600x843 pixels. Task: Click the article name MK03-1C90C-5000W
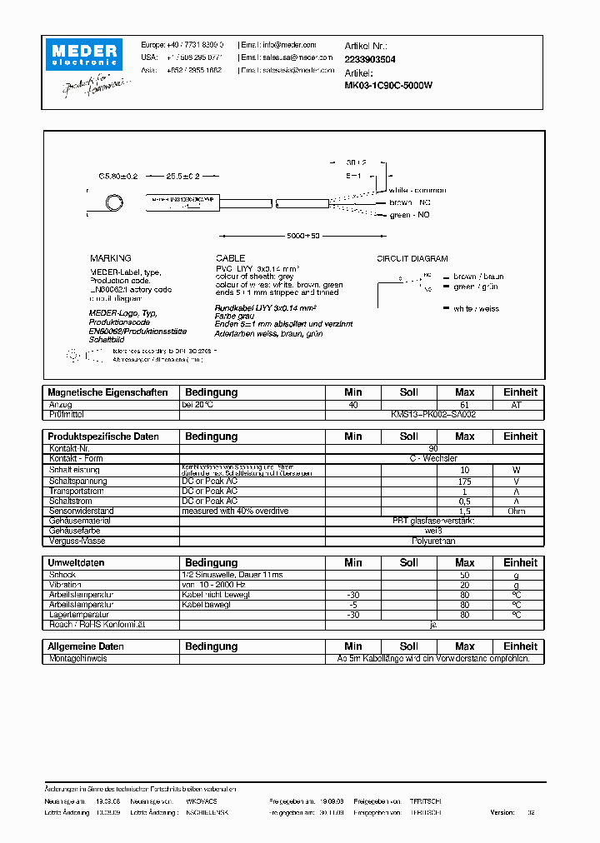tap(387, 85)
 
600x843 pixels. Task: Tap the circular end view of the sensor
tap(112, 204)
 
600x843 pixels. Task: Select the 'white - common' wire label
tap(417, 190)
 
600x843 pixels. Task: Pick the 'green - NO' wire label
tap(411, 216)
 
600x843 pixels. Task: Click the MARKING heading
tap(110, 259)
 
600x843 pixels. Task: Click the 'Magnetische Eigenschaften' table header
tap(108, 392)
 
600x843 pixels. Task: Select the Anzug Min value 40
tap(353, 405)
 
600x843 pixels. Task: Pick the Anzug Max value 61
tap(465, 405)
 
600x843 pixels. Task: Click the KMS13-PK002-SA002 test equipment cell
tap(433, 414)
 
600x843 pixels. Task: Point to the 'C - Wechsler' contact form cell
tap(433, 458)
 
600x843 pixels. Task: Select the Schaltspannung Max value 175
tap(465, 481)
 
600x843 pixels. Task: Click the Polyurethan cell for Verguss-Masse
tap(433, 541)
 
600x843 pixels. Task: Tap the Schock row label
tap(62, 575)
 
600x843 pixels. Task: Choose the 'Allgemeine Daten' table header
tap(87, 646)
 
